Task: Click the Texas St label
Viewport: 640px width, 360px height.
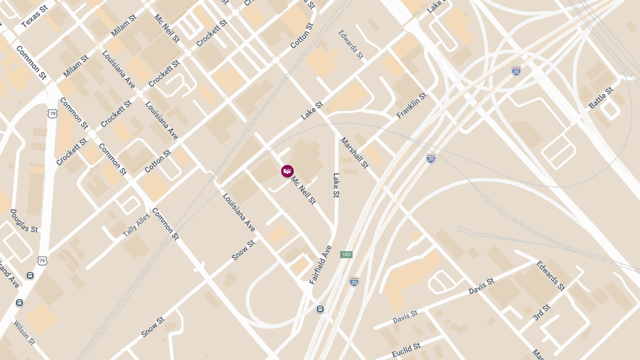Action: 34,16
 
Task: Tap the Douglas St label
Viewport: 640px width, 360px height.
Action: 25,221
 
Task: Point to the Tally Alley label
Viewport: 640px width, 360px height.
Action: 137,226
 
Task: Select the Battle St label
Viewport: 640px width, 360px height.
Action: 601,98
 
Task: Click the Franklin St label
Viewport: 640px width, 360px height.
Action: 412,105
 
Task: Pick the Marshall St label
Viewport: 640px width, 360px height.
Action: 355,152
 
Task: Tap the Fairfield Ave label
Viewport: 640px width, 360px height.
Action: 321,265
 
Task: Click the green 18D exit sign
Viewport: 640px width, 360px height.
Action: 346,254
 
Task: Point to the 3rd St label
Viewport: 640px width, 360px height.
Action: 541,313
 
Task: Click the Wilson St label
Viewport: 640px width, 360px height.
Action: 24,333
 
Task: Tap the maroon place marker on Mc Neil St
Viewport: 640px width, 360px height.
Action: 287,171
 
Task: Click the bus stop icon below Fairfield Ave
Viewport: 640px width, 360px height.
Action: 320,309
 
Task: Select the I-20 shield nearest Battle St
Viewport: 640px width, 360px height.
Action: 516,70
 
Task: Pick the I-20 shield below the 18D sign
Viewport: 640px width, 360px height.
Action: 354,282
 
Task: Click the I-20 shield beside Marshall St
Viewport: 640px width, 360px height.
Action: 431,158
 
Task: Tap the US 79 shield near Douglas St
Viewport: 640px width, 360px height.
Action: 42,260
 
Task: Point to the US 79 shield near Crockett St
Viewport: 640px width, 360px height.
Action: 52,113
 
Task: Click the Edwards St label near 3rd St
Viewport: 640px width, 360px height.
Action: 550,275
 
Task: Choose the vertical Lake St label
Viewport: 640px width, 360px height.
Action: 336,185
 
